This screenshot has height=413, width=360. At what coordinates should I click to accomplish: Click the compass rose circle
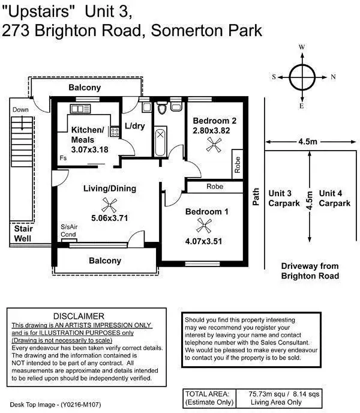[302, 76]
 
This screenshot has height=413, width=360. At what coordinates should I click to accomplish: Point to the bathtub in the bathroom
[161, 140]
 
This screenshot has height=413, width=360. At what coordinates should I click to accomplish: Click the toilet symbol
[161, 109]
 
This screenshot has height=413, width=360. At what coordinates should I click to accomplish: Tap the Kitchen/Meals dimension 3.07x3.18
[89, 149]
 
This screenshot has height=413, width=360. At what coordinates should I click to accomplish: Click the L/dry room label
[135, 126]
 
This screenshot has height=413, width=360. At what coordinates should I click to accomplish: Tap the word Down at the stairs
[20, 110]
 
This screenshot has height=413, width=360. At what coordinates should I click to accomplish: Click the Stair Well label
[24, 233]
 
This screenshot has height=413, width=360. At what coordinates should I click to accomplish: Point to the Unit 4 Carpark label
[334, 198]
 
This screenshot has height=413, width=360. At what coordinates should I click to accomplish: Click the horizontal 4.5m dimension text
[307, 142]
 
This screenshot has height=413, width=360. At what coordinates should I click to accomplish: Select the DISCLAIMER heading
[79, 316]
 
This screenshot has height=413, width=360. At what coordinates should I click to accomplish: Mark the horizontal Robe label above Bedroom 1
[215, 187]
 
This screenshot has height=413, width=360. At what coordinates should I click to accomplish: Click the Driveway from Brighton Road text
[310, 271]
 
